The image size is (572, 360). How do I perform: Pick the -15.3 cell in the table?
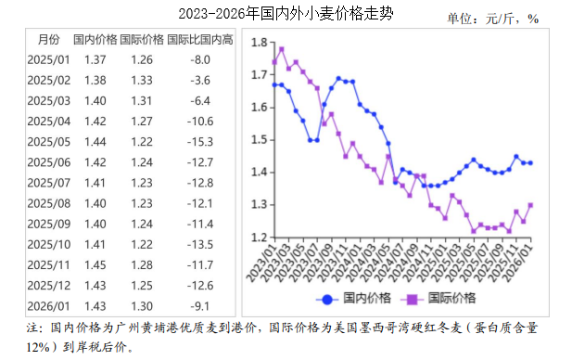[200, 141]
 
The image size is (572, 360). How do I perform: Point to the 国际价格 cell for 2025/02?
[142, 80]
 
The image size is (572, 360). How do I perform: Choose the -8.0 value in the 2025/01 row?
[200, 59]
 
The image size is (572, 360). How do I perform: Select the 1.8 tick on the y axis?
[260, 43]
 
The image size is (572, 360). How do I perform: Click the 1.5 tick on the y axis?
[260, 140]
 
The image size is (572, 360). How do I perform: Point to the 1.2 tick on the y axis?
[260, 238]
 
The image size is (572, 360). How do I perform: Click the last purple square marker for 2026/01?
[530, 205]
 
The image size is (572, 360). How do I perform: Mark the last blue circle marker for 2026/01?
[530, 162]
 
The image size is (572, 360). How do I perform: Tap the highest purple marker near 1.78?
[281, 49]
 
